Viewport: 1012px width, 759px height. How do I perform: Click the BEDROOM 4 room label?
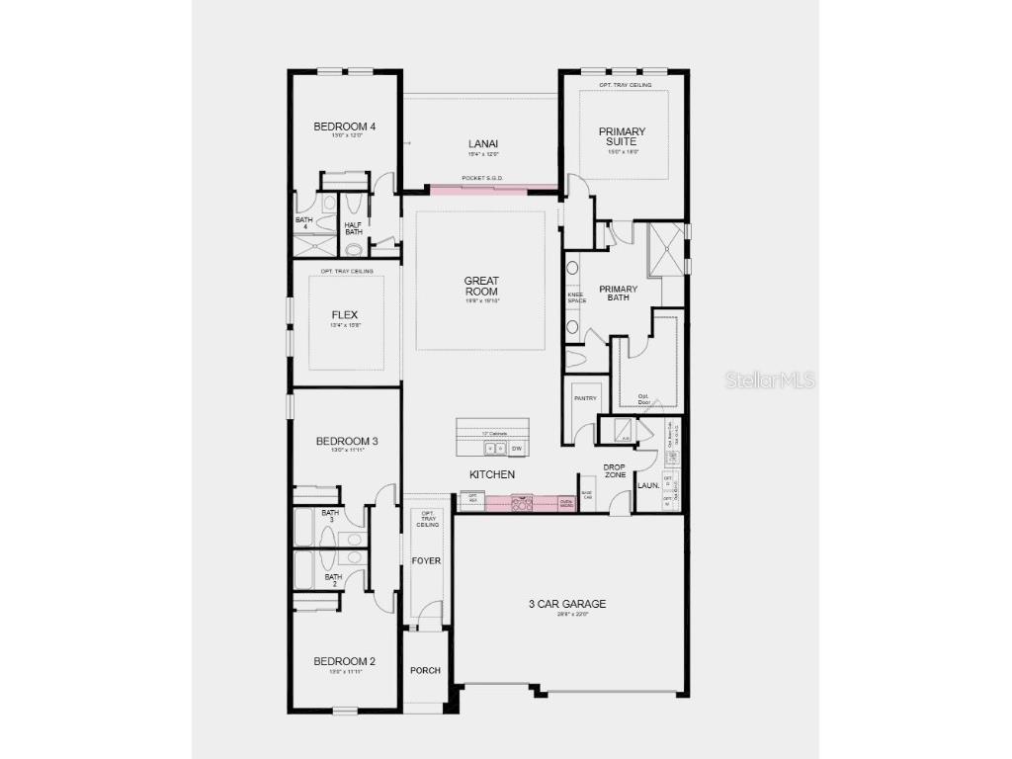point(345,126)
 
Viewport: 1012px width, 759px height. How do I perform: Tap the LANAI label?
point(482,144)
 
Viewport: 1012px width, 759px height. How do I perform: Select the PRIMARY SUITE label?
point(623,136)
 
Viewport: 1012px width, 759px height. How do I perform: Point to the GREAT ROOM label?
point(481,286)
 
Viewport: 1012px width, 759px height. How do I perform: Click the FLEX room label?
point(345,315)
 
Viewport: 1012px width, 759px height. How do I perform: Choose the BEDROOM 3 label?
point(347,441)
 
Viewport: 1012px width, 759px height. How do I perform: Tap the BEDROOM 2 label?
point(345,661)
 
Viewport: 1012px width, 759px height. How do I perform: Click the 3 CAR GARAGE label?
point(566,604)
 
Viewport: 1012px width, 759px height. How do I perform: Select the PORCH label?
point(425,670)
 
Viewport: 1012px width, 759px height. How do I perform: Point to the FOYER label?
point(426,560)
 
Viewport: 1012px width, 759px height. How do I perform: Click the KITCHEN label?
point(491,474)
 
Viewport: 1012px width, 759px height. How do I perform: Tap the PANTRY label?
point(585,398)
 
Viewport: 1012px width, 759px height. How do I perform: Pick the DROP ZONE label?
point(615,470)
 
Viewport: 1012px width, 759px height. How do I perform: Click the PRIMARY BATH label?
point(618,294)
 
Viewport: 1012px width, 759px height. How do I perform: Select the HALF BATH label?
point(353,228)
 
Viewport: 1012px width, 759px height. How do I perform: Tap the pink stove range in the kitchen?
point(521,503)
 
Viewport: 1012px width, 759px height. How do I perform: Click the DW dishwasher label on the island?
point(516,448)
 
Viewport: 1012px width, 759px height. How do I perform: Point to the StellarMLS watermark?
point(770,379)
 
